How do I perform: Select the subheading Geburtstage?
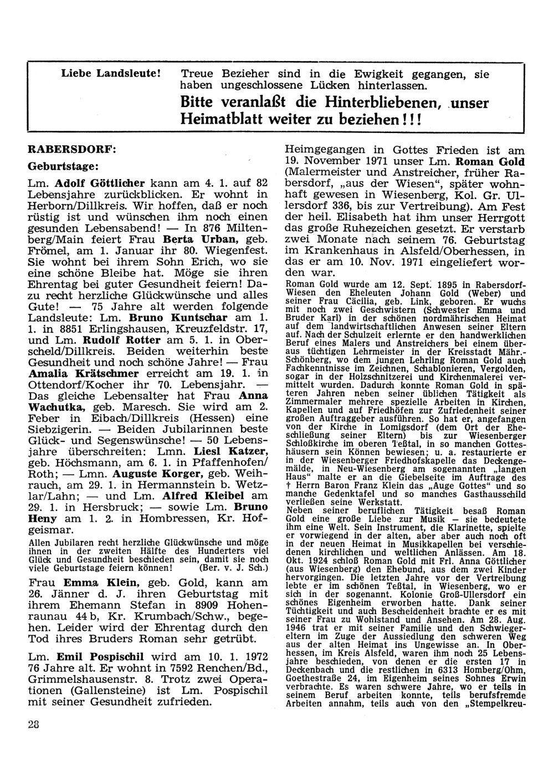tap(64, 166)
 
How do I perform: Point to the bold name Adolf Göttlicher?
tap(101, 182)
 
